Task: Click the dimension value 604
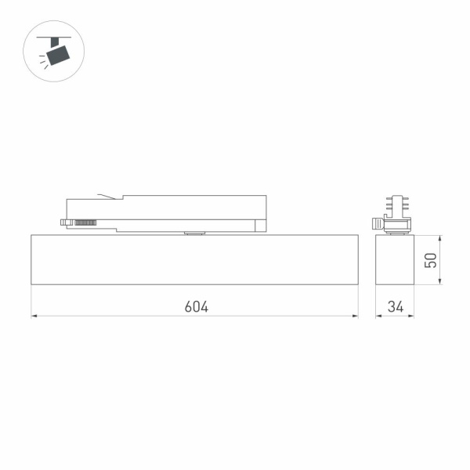coord(196,306)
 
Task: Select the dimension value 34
coord(395,306)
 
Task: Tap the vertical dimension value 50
coord(430,259)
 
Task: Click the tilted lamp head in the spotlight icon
coord(57,54)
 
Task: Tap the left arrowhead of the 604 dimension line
coord(34,316)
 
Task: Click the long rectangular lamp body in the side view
coord(194,259)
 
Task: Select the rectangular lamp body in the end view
coord(395,259)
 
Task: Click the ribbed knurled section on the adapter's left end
coord(85,223)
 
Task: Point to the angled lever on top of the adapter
coord(107,197)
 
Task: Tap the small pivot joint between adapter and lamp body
coord(193,232)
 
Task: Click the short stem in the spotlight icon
coord(54,41)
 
